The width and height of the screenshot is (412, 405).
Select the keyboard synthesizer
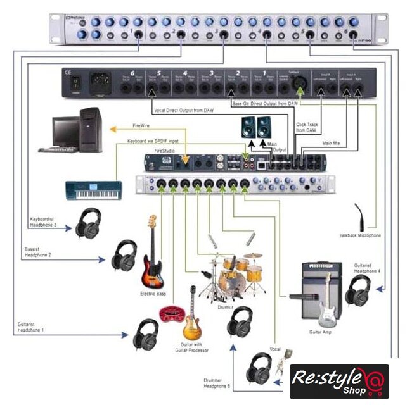tap(93, 189)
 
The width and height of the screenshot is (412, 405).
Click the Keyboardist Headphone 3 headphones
tap(89, 223)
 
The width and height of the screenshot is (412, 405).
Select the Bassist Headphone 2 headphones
tap(124, 255)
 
